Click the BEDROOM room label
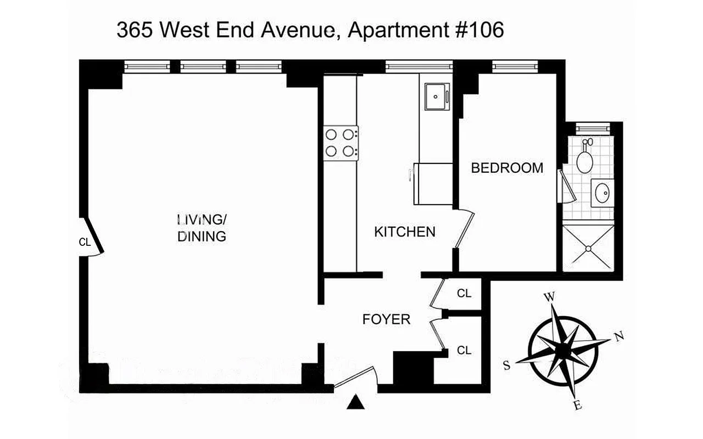(x=507, y=168)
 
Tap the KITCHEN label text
(x=405, y=232)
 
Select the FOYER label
(x=386, y=319)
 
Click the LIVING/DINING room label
(x=202, y=228)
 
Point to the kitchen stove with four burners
(x=341, y=143)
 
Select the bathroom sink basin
(x=602, y=192)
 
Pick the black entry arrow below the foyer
(x=356, y=403)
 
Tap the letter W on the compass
(x=549, y=297)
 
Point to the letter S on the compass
(x=507, y=365)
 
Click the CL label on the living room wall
(x=85, y=241)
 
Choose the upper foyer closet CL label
(x=464, y=294)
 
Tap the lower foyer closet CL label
(x=464, y=350)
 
